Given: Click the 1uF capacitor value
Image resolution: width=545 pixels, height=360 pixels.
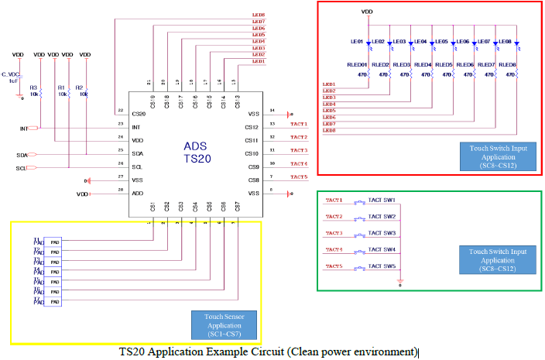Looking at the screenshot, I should pos(13,80).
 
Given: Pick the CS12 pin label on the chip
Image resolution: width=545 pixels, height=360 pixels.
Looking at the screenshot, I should pos(252,127).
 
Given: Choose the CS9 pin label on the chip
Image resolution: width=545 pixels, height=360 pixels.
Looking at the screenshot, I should pos(253,166).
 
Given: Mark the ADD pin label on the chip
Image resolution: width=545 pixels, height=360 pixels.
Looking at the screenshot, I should pos(137,193).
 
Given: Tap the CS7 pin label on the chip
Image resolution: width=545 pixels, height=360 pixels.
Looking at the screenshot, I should pos(237,206).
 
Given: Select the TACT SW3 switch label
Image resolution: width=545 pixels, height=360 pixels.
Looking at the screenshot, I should pos(382,233).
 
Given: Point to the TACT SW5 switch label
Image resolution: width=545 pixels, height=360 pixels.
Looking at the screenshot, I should pos(382,266).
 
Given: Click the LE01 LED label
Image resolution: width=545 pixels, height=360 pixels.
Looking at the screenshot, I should pos(357,42).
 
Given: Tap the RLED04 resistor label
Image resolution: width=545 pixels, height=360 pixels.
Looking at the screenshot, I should pos(422,65).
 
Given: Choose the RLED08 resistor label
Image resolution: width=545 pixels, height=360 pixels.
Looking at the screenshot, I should pos(507,65).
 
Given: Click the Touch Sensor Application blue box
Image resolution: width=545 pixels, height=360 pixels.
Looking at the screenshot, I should pos(223,326).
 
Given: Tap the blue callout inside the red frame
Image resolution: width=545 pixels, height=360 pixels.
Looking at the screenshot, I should pos(493,155).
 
